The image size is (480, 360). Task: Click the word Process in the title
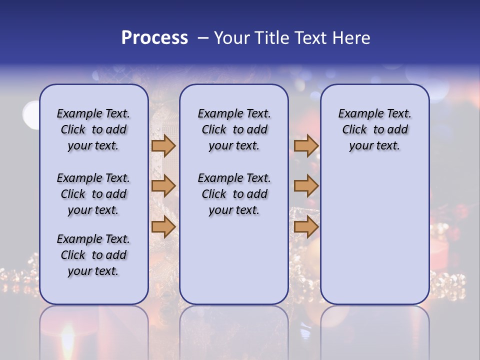click(x=154, y=38)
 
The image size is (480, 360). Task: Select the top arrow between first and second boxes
click(x=163, y=146)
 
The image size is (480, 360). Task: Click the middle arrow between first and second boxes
click(x=163, y=186)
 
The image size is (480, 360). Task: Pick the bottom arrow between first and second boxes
click(x=163, y=227)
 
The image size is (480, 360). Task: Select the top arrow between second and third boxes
click(x=306, y=146)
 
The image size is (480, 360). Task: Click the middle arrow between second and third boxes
click(x=306, y=186)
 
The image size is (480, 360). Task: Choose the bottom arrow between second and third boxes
click(x=306, y=227)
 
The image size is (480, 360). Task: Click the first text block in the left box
click(x=93, y=129)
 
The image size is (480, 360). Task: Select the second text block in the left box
click(x=93, y=194)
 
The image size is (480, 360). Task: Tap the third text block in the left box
click(x=93, y=255)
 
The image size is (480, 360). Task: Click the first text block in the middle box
click(x=234, y=129)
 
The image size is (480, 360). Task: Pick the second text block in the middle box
click(x=234, y=194)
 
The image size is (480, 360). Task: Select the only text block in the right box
click(x=374, y=129)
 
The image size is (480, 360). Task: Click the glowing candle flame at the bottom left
click(x=67, y=340)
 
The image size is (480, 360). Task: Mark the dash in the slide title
click(x=203, y=38)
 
